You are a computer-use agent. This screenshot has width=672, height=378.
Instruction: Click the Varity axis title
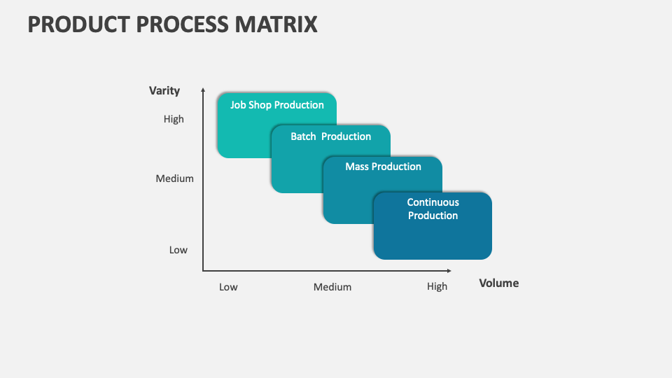tap(164, 90)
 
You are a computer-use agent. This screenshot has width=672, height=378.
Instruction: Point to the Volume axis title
tap(498, 283)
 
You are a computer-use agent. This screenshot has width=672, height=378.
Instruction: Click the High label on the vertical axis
tap(174, 119)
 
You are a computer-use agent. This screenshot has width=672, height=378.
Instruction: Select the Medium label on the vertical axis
tap(174, 178)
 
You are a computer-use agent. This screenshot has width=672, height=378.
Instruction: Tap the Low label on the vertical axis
tap(178, 250)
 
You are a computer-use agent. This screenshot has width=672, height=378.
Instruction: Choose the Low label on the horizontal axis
tap(228, 287)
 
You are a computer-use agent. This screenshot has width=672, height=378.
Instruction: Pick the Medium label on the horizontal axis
tap(332, 287)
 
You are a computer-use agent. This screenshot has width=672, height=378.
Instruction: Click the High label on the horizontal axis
tap(437, 286)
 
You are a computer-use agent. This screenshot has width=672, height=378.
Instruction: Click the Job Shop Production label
tap(277, 105)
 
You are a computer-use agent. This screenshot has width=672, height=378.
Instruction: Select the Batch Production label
tap(330, 136)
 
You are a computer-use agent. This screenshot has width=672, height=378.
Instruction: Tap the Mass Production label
tap(383, 167)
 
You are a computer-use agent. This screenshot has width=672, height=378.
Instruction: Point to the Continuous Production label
tap(433, 209)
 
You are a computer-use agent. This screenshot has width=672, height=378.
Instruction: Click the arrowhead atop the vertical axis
tap(203, 90)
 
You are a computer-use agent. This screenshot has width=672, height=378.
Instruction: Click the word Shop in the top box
tap(260, 105)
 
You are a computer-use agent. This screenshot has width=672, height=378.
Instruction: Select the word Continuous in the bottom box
tap(433, 202)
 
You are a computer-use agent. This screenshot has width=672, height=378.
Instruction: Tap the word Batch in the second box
tap(303, 136)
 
